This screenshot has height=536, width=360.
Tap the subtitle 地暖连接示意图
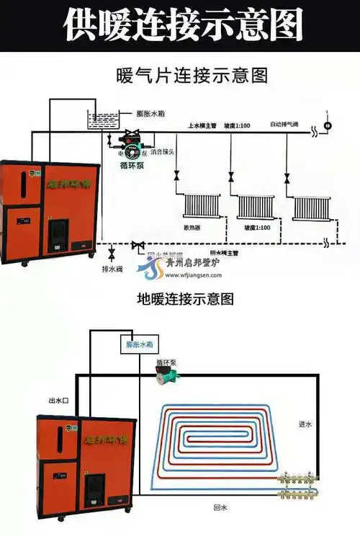185,298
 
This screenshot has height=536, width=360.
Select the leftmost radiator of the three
199,205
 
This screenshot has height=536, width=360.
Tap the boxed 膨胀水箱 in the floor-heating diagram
139,345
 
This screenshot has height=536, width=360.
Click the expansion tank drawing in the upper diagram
101,119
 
